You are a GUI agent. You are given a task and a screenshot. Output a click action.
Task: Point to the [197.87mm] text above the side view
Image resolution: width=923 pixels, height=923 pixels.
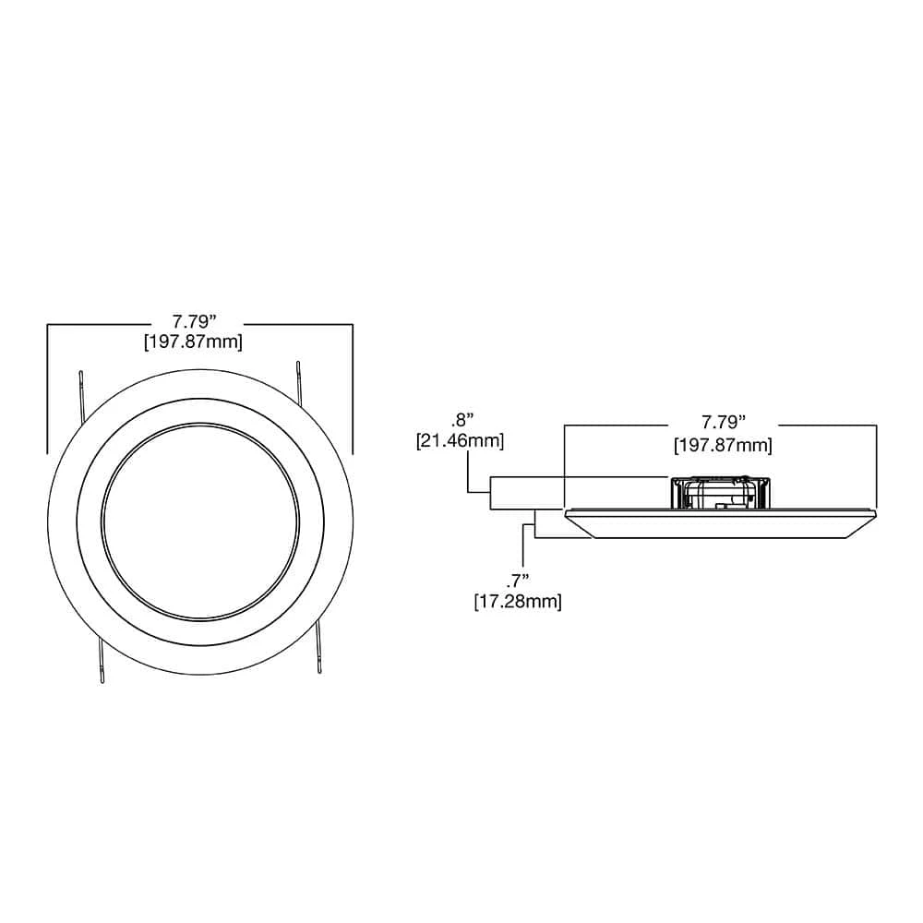coord(723,444)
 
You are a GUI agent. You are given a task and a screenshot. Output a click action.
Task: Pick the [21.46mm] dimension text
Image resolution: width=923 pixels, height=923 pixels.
coord(460,441)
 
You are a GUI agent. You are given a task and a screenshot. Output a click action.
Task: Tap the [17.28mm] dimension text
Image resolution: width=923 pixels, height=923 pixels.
coord(517,601)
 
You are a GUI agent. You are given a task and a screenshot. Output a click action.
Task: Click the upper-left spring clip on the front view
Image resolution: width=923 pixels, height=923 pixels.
coord(83,392)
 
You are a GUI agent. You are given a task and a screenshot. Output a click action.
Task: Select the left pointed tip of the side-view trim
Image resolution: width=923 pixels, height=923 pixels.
coord(565,510)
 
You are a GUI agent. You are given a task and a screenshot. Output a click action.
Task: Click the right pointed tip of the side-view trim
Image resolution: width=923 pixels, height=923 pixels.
coord(875,510)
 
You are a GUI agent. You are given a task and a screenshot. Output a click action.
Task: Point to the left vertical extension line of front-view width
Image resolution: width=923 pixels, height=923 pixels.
coord(47,388)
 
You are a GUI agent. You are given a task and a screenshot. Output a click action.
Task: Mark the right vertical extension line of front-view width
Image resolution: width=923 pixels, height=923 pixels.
coord(353,388)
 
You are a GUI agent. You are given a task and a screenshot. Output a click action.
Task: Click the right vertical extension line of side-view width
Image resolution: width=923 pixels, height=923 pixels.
coord(876,461)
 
